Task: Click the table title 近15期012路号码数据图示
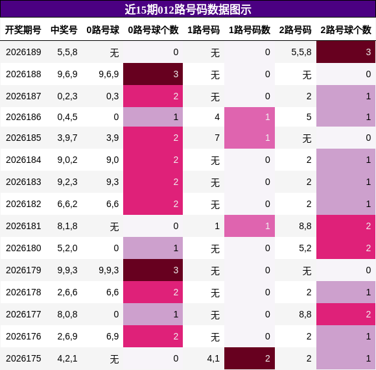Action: [x=188, y=10]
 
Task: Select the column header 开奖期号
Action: [x=23, y=30]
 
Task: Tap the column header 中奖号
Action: [x=64, y=30]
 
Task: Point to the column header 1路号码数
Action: [x=250, y=30]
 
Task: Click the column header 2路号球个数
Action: [x=346, y=30]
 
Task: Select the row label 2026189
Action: [x=23, y=52]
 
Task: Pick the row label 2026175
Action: [x=23, y=358]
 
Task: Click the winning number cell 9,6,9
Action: [x=67, y=74]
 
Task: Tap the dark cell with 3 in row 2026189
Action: [x=346, y=52]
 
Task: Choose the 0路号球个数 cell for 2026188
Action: [x=153, y=74]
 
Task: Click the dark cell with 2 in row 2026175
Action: [x=250, y=358]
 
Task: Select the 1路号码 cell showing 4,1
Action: [x=213, y=358]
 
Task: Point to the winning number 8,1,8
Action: [x=67, y=226]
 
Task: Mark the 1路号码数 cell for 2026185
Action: [x=250, y=138]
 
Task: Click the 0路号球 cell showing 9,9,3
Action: [x=109, y=270]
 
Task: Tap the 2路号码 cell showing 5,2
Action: [x=305, y=248]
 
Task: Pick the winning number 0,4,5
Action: [x=67, y=117]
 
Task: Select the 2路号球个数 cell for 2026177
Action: [x=346, y=314]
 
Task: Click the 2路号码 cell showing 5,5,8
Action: [x=301, y=52]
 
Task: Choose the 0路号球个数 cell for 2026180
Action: [x=153, y=248]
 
